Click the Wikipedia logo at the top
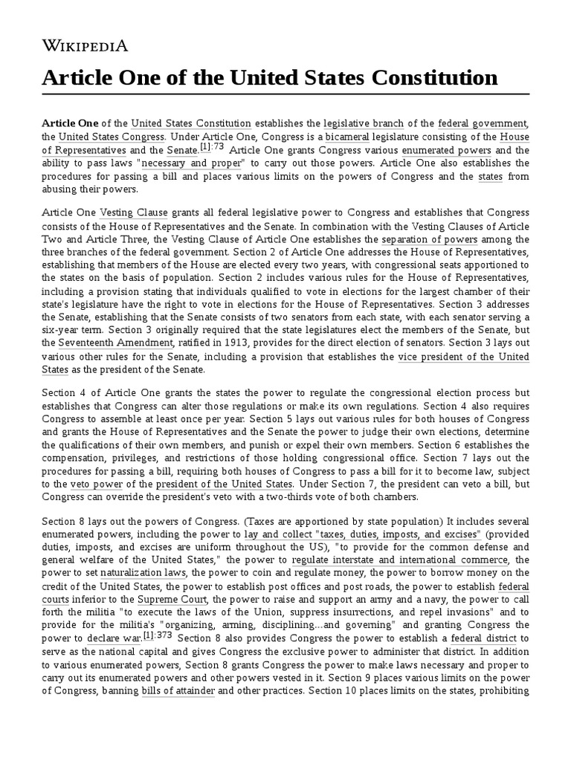pyautogui.click(x=84, y=46)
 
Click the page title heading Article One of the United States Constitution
pyautogui.click(x=269, y=77)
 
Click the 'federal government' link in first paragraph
pyautogui.click(x=483, y=123)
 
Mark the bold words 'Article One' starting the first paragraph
pyautogui.click(x=69, y=123)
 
